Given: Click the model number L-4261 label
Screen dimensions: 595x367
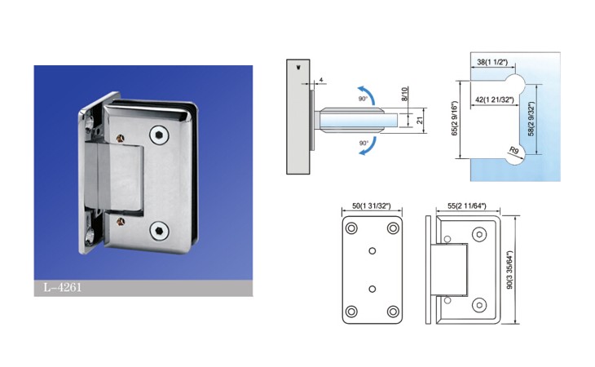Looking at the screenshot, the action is (63, 287).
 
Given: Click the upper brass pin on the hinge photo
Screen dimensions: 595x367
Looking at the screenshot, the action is (121, 139).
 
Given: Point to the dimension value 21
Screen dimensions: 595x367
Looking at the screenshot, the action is (420, 120).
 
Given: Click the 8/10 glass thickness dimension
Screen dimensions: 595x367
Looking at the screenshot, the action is (404, 93).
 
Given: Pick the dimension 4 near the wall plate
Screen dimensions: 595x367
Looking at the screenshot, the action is (321, 80).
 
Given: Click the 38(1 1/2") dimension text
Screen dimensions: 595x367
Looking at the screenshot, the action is (492, 62).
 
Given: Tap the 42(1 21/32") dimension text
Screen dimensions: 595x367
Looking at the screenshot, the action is (495, 99).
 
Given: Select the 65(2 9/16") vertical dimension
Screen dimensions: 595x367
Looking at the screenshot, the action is (455, 118).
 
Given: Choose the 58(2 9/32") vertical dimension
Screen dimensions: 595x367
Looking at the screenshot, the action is (531, 119).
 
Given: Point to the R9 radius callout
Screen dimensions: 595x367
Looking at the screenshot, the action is (513, 151).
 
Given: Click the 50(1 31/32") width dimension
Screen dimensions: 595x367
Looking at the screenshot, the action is (372, 206).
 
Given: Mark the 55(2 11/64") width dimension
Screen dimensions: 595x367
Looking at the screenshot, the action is (467, 206).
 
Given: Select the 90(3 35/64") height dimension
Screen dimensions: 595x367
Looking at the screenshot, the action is (509, 270).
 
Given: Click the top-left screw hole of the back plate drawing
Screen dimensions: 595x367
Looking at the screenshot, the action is (351, 228).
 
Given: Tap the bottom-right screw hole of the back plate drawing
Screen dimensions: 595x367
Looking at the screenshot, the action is (393, 312).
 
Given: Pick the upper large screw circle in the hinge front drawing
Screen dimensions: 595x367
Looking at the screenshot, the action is (479, 235).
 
